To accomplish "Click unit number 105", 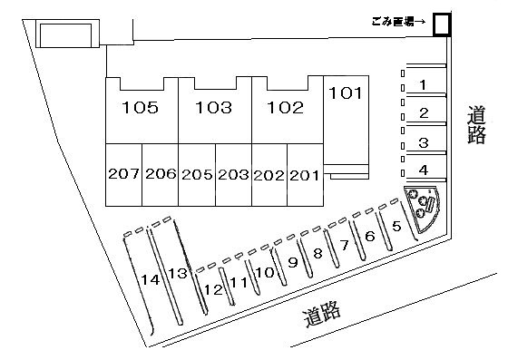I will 141,108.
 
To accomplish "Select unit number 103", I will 213,108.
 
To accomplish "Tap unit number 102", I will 285,108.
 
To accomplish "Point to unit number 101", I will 346,92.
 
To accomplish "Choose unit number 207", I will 123,174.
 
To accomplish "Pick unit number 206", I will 160,174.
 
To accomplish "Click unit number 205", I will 196,174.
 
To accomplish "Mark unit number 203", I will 233,174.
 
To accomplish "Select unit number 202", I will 269,174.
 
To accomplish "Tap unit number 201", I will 304,174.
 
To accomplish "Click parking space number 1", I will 423,85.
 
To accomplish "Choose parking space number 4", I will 423,169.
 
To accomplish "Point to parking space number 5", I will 396,227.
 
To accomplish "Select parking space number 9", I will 292,262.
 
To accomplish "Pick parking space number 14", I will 151,280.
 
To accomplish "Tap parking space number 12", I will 213,289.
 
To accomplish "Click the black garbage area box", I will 442,24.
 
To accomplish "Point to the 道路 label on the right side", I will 477,126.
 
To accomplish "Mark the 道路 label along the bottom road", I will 322,316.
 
